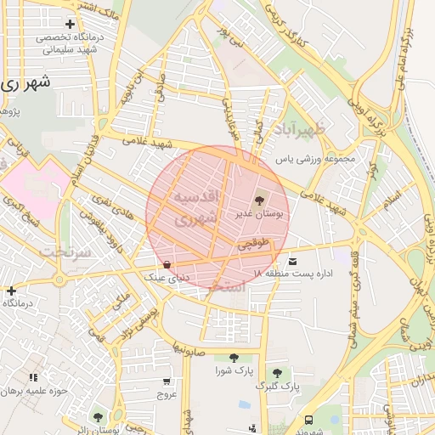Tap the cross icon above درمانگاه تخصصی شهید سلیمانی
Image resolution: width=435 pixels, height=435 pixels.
70,24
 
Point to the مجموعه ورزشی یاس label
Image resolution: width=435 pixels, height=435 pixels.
313,159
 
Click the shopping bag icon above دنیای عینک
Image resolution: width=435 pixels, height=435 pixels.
167,264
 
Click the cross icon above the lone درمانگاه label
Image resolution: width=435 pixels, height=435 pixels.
10,291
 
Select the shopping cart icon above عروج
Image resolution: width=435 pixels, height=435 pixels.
167,381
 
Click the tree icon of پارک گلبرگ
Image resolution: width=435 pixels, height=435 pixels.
277,372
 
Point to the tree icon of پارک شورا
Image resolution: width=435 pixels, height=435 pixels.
233,358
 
